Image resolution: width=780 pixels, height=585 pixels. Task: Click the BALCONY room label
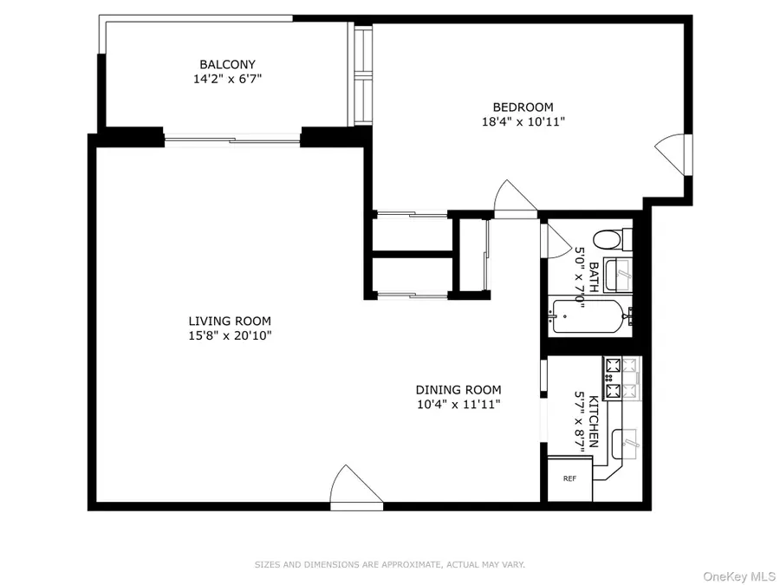(x=227, y=64)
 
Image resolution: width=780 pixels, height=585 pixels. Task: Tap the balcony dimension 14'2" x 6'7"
(x=227, y=78)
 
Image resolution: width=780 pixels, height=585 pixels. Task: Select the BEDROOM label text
(x=523, y=107)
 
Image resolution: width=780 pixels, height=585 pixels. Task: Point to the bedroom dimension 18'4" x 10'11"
(x=523, y=122)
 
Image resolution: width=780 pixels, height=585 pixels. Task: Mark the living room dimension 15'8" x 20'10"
(x=231, y=335)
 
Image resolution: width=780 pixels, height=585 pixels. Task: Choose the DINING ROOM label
(x=458, y=390)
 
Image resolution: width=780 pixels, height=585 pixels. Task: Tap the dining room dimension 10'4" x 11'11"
(x=458, y=404)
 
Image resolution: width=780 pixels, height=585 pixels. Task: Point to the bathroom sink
(x=617, y=276)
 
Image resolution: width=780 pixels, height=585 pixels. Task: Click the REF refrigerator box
(x=569, y=478)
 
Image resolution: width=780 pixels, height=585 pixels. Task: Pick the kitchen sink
(x=624, y=444)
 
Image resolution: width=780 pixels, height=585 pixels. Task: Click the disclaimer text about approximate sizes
(x=389, y=564)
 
